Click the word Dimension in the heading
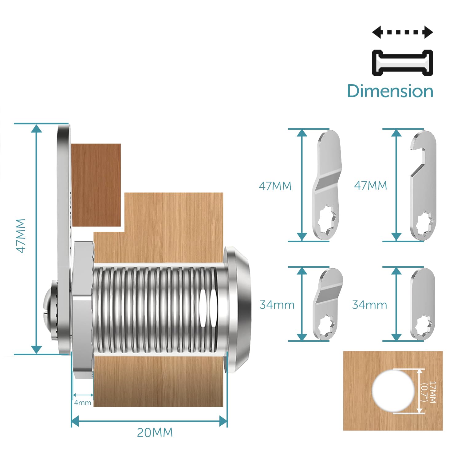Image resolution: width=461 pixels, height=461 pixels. (390, 91)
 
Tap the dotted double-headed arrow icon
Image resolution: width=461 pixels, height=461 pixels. (402, 32)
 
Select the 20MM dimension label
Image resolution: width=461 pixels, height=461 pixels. (155, 433)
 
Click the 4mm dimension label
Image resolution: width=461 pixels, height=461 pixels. (83, 403)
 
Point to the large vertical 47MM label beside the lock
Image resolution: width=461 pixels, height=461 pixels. (21, 236)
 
